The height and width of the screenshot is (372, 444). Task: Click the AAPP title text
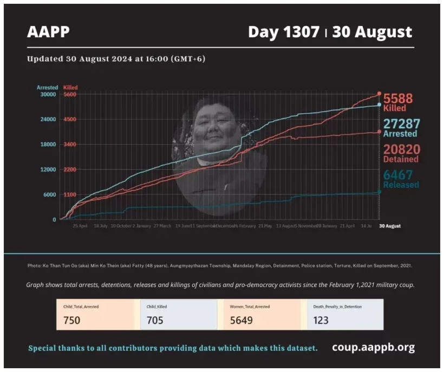48,32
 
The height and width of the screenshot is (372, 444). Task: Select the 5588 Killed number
398,99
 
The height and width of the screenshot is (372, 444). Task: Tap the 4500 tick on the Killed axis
70,119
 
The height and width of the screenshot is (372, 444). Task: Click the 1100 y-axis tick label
70,194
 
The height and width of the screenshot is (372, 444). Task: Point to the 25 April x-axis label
80,226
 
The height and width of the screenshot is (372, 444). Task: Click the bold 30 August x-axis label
389,226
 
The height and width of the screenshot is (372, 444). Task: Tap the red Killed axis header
70,87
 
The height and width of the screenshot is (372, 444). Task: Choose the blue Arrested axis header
47,87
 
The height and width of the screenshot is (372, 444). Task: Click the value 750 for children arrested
71,320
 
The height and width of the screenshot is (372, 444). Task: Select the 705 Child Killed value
155,320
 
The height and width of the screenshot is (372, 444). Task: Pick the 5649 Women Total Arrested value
241,320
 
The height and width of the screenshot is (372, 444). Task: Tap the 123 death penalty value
321,320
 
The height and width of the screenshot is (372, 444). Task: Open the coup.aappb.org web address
373,347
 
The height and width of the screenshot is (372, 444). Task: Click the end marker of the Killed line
379,94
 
